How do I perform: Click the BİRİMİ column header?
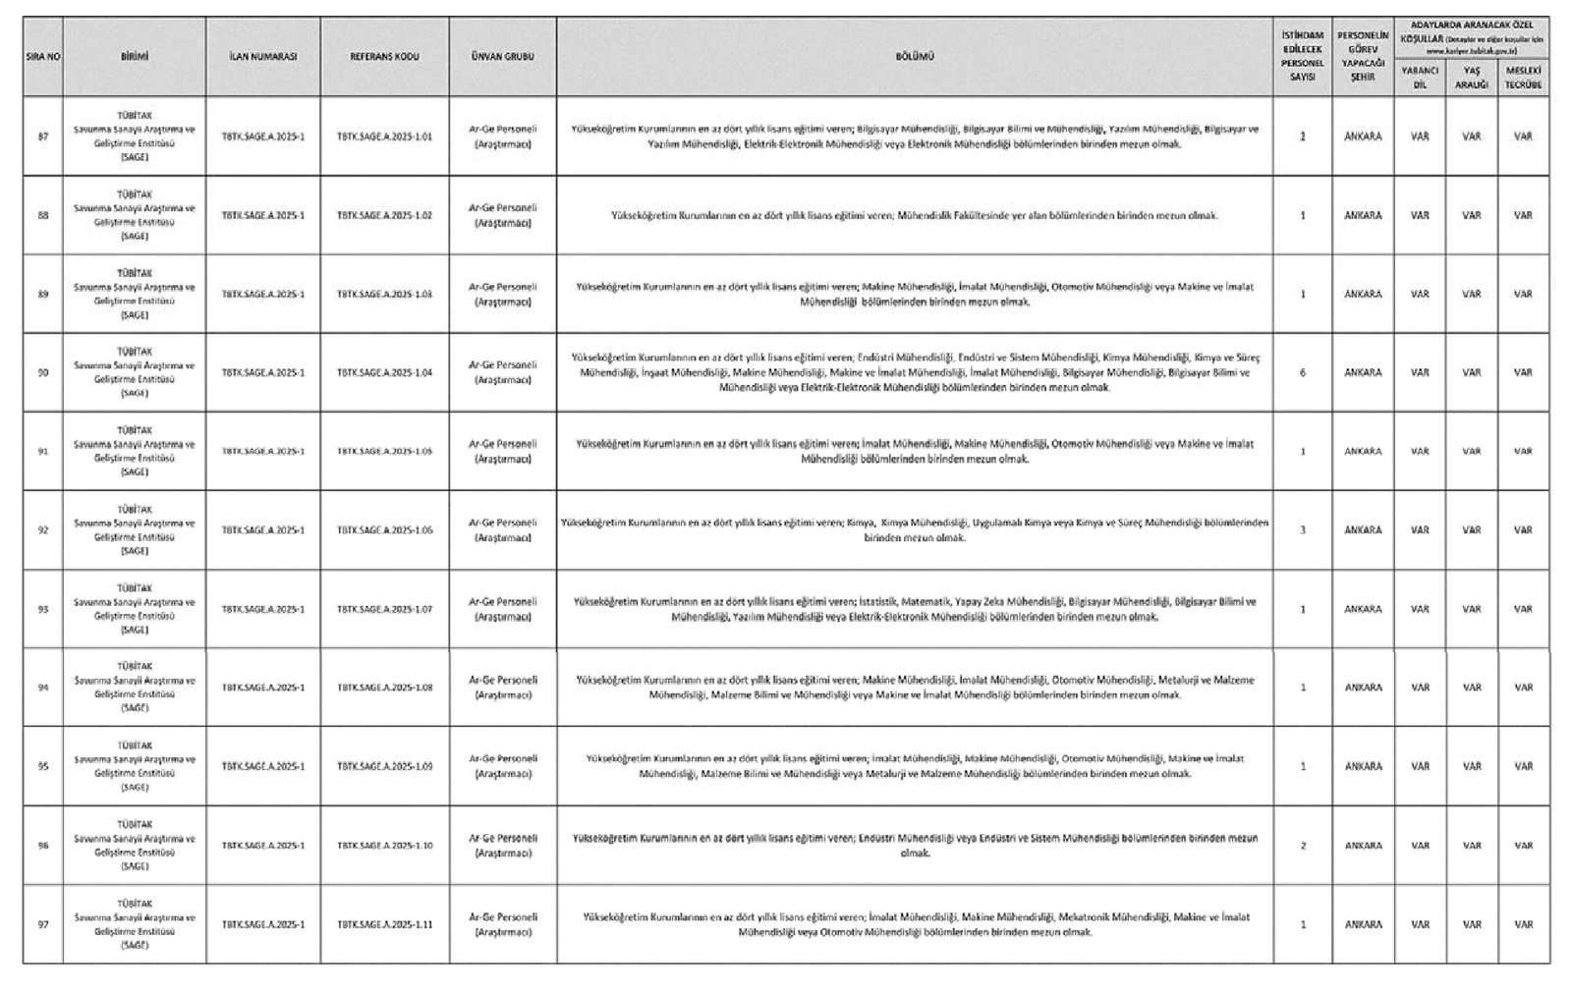134,57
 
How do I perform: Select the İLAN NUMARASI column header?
262,57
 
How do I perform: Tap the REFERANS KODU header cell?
384,57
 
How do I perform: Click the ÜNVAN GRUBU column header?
502,57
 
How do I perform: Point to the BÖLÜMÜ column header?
914,57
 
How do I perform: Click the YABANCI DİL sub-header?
1419,78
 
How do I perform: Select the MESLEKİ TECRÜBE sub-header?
1523,78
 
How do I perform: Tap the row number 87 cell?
42,137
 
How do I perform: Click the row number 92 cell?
42,530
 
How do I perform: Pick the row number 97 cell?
42,924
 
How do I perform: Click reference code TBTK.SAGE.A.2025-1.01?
384,137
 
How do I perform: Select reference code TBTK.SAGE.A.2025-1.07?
384,609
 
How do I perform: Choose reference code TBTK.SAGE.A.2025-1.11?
384,924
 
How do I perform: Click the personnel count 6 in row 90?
1303,373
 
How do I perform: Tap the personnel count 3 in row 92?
1303,530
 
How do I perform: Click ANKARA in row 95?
1363,766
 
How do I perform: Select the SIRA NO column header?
42,57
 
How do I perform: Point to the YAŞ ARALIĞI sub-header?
1471,78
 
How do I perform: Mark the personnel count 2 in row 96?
1303,846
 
